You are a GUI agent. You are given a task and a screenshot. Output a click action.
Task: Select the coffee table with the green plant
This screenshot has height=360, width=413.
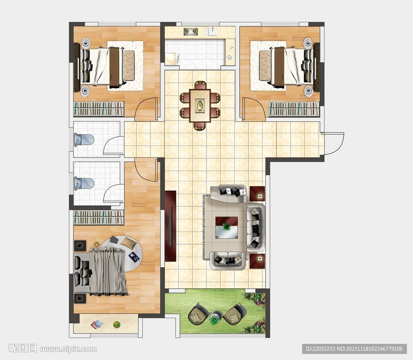[x=227, y=228]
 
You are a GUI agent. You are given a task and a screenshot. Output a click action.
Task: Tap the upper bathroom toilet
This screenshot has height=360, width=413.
[x=84, y=140]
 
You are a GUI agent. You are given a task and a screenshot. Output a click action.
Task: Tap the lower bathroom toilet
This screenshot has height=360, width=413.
[x=84, y=183]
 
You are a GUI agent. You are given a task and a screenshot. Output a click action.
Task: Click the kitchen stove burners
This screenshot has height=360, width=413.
[x=191, y=31]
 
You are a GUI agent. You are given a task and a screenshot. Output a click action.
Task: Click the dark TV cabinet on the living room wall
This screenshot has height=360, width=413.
[x=171, y=226]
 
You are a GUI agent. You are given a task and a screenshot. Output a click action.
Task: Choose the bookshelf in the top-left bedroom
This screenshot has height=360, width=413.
[x=98, y=109]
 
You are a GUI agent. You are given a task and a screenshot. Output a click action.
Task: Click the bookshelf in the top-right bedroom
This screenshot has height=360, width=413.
[x=294, y=109]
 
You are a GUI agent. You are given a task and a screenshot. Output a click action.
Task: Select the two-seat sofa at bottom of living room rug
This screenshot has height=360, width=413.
[x=228, y=261]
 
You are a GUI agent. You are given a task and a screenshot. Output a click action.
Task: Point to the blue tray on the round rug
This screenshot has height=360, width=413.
[x=134, y=257]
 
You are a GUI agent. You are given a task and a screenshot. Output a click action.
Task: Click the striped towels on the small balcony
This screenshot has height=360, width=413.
[x=97, y=324]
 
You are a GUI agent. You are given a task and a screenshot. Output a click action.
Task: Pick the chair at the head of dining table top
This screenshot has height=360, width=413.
[x=200, y=85]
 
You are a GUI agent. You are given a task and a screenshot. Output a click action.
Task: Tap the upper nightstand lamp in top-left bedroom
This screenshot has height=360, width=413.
[x=86, y=42]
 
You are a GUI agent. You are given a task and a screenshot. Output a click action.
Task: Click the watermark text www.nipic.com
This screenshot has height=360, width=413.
[x=68, y=349]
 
